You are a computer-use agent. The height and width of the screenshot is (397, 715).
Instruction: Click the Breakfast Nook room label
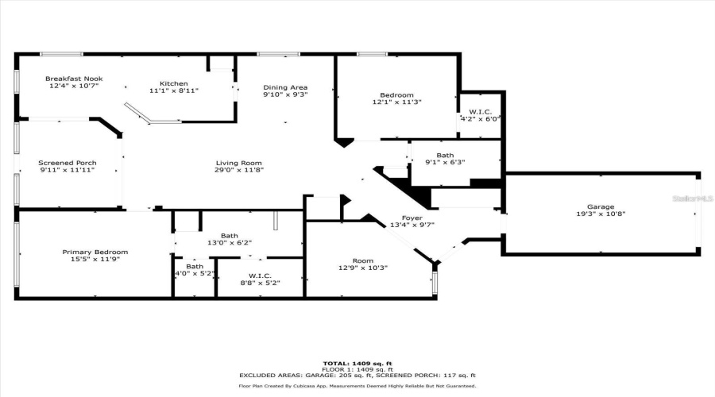pyautogui.click(x=74, y=79)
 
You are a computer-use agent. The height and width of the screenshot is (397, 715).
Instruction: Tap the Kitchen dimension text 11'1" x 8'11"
pyautogui.click(x=174, y=91)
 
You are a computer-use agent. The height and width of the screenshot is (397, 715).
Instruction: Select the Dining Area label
pyautogui.click(x=285, y=87)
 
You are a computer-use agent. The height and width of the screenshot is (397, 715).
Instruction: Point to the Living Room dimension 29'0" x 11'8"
pyautogui.click(x=238, y=170)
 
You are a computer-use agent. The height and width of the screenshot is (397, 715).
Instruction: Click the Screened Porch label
pyautogui.click(x=68, y=163)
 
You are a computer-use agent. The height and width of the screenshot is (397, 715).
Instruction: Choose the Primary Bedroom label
pyautogui.click(x=95, y=252)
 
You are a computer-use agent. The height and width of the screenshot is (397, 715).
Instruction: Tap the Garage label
pyautogui.click(x=601, y=206)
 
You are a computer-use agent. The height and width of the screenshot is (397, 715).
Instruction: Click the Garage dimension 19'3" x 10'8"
pyautogui.click(x=601, y=214)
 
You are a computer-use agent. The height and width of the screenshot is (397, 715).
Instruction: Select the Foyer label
pyautogui.click(x=412, y=218)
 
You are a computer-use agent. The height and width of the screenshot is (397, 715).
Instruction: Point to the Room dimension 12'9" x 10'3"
pyautogui.click(x=363, y=268)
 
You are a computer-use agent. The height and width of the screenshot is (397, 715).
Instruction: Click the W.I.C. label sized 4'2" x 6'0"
pyautogui.click(x=481, y=112)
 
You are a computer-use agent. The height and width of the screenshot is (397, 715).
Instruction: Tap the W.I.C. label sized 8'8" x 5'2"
pyautogui.click(x=260, y=276)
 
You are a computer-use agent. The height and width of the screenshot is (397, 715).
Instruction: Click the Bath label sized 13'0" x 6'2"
pyautogui.click(x=229, y=235)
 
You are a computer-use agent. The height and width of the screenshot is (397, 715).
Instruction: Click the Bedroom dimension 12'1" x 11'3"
pyautogui.click(x=396, y=102)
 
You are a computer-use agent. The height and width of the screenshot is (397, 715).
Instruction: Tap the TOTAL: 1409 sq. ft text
pyautogui.click(x=357, y=364)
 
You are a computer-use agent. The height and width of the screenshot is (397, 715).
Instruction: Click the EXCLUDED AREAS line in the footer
pyautogui.click(x=357, y=376)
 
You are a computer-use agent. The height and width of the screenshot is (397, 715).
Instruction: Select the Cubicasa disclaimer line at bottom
pyautogui.click(x=357, y=386)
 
